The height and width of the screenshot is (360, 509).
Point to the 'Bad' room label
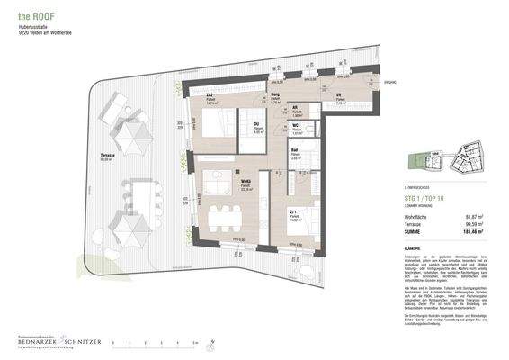point(295,150)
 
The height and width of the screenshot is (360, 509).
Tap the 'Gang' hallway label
point(277,100)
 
